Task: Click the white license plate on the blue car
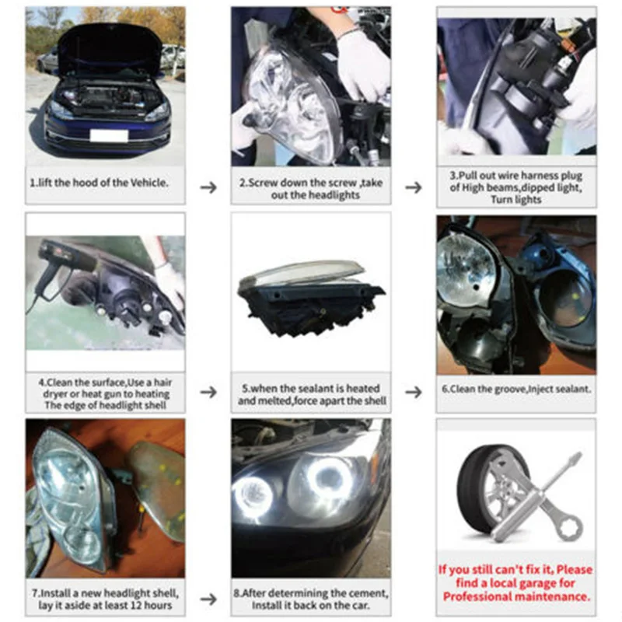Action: click(x=109, y=135)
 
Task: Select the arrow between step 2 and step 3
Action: click(x=414, y=187)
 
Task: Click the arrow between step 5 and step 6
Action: click(x=414, y=392)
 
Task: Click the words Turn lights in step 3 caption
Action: click(x=515, y=200)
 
